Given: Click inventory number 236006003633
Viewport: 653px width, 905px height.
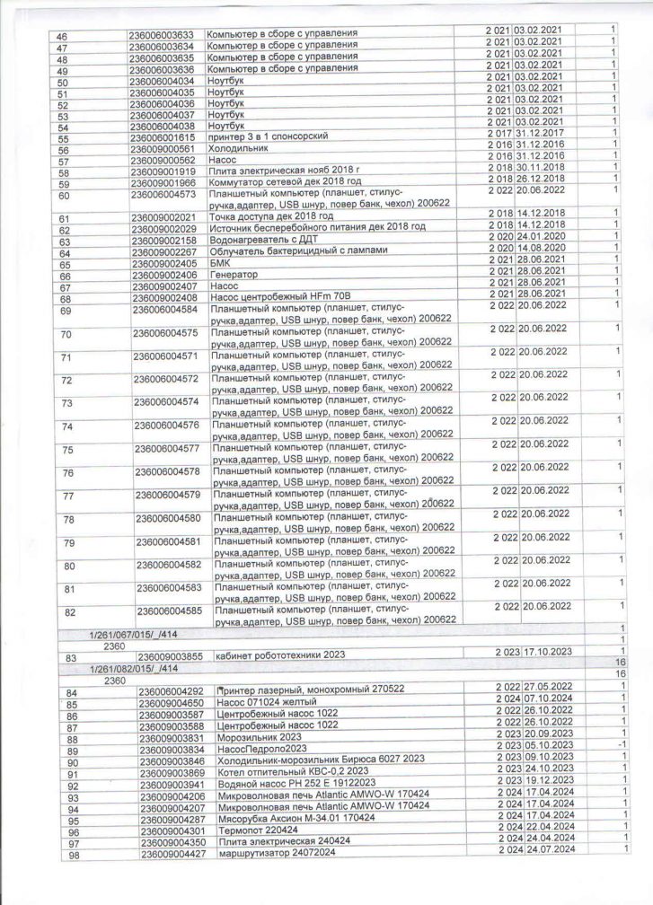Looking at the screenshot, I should (x=164, y=34).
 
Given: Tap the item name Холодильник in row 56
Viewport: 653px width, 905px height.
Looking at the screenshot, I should (x=235, y=149).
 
